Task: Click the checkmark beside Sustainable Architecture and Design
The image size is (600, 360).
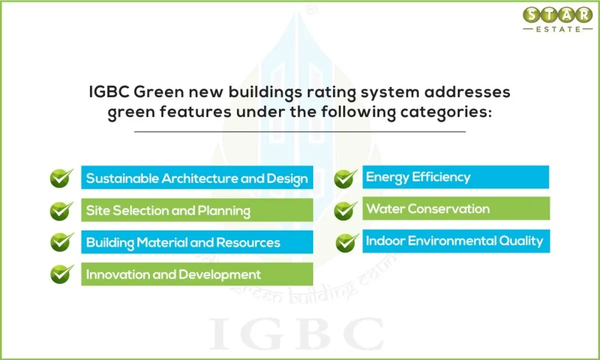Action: click(x=61, y=178)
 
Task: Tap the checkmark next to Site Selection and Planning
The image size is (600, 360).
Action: click(x=61, y=211)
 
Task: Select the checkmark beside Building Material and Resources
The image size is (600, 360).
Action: click(x=62, y=242)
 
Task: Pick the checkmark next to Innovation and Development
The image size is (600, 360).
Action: click(x=62, y=274)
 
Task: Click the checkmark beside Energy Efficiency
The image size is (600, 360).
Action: click(x=345, y=178)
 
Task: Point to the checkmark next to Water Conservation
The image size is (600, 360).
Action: click(x=345, y=211)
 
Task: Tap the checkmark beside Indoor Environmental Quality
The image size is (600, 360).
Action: click(x=347, y=242)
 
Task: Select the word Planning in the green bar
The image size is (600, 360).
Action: click(x=224, y=211)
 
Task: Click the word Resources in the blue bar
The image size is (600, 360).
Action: click(x=248, y=242)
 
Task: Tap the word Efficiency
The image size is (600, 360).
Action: click(x=441, y=177)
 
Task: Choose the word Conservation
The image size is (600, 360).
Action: click(x=448, y=209)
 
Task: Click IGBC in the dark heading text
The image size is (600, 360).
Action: click(x=109, y=92)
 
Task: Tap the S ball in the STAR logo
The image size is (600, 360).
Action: click(x=531, y=15)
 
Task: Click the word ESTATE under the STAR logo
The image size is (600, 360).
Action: click(x=558, y=29)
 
